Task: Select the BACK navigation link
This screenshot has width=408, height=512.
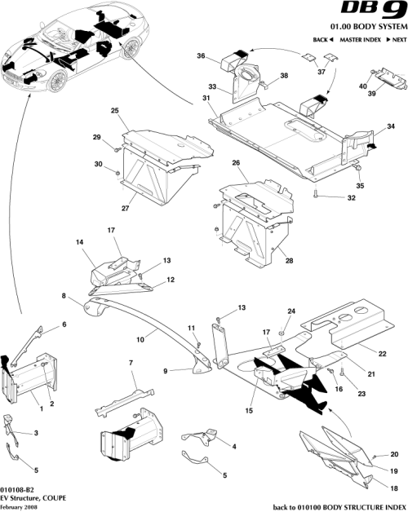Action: coord(323,40)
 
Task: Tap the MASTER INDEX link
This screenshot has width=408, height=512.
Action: coord(361,40)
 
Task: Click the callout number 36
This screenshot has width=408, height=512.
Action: coord(201,55)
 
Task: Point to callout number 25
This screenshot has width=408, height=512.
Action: coord(115,110)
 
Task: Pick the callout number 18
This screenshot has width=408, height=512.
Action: coord(371,488)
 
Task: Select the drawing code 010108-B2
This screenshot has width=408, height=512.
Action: coord(19,488)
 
